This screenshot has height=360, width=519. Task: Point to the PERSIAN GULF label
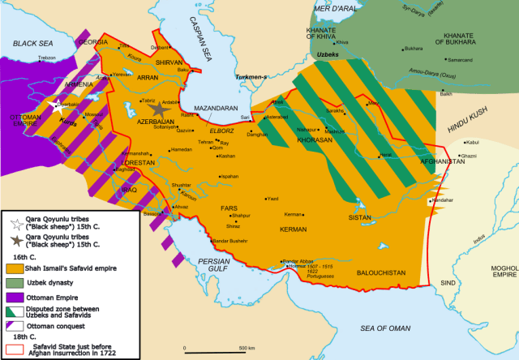pyautogui.click(x=214, y=268)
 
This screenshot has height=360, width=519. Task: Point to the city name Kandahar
pyautogui.click(x=443, y=199)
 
